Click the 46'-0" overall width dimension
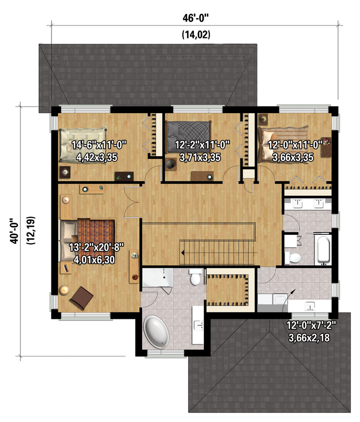[x=195, y=19]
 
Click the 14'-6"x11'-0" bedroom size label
[x=99, y=145]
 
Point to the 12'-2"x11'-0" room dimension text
[x=202, y=145]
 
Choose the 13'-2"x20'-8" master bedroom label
[x=96, y=247]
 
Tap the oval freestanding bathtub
[x=156, y=332]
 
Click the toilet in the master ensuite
[x=195, y=277]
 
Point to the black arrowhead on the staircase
[x=182, y=253]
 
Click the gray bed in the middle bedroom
[x=188, y=137]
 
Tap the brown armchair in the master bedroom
[x=81, y=297]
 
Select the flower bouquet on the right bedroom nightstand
[x=326, y=141]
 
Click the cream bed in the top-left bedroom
[x=82, y=145]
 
